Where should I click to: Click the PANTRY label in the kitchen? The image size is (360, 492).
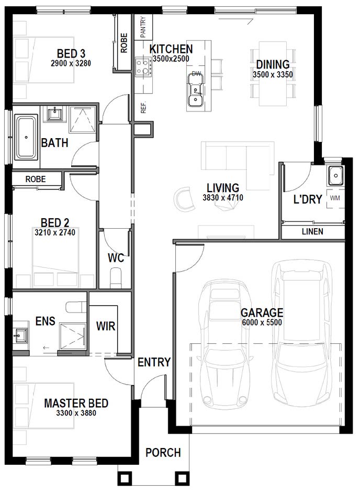point(143,27)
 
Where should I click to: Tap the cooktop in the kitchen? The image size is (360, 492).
point(143,67)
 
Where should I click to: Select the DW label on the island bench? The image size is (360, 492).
point(196,74)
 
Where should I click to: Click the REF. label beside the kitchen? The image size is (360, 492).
point(143,107)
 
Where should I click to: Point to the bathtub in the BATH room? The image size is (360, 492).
point(26,137)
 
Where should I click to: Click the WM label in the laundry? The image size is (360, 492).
point(335,198)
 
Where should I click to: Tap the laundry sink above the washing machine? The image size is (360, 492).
point(336,175)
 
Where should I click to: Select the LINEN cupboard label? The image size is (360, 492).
point(313,231)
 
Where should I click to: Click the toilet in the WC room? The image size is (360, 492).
point(116,278)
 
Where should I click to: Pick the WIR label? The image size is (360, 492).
point(106,326)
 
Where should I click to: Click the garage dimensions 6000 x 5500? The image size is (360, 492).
point(262,322)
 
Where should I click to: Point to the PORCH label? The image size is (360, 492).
point(163,452)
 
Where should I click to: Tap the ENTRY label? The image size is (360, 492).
point(154,362)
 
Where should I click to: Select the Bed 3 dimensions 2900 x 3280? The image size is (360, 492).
point(71,63)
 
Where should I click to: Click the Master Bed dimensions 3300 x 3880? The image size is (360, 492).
point(76,413)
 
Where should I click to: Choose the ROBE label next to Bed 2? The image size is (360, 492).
point(36,179)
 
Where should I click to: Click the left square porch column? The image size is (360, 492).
point(124,478)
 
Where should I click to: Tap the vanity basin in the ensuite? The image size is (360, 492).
point(20,336)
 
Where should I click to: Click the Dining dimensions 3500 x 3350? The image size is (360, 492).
point(273,75)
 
